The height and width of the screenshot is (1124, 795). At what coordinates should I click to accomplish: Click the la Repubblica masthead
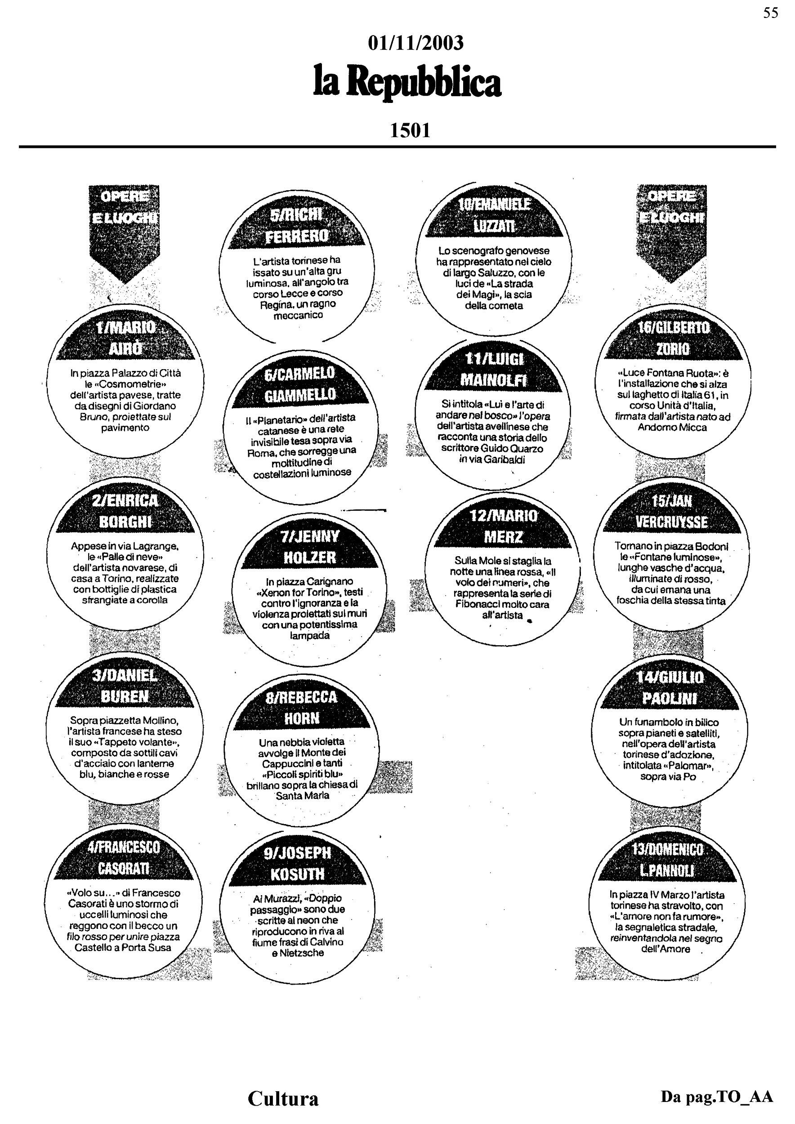pos(407,82)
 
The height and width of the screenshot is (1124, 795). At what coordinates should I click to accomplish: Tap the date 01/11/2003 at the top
pos(415,43)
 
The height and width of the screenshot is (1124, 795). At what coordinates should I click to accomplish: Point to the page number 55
pos(771,13)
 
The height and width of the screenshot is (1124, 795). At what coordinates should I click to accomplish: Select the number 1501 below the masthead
pos(410,130)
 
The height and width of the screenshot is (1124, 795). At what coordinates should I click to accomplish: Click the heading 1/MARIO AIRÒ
pos(126,338)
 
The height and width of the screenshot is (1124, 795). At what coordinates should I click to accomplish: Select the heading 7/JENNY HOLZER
pos(310,547)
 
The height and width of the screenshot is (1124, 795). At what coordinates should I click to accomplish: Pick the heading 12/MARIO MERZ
pos(503,526)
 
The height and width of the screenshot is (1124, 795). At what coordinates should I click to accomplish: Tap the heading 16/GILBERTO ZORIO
pos(673,338)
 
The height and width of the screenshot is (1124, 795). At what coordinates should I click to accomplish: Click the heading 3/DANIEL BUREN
pos(125,686)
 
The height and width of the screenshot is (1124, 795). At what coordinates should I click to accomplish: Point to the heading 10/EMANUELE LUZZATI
pos(494,215)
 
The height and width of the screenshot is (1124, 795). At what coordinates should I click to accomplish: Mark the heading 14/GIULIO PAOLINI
pos(670,687)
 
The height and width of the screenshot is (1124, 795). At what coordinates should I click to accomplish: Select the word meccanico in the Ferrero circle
pos(298,315)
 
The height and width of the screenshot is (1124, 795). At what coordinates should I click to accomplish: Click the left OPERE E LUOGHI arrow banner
pos(125,233)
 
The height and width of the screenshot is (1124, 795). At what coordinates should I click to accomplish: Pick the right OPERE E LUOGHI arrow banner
pos(672,233)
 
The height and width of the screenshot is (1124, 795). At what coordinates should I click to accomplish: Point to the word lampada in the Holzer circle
pos(310,635)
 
